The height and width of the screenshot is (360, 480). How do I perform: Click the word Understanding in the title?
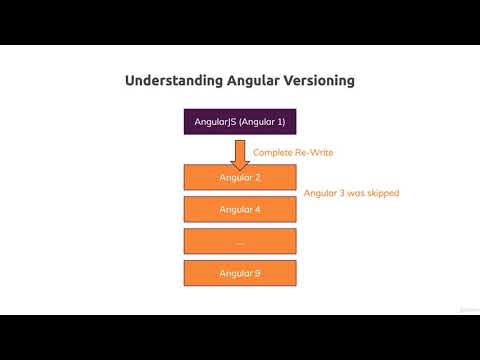coord(173,80)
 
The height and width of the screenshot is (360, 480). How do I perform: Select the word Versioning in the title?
coord(320,80)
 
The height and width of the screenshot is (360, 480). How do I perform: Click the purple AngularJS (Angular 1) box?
coord(240,122)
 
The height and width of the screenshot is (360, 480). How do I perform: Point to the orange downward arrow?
coord(240,153)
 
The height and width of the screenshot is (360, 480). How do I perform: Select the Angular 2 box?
coord(240,178)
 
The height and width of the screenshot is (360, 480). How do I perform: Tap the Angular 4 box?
coord(240,210)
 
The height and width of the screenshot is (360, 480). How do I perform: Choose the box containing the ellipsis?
coord(240,242)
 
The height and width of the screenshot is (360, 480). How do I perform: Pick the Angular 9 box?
coord(240,273)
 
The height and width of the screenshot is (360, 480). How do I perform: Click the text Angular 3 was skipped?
coord(351,193)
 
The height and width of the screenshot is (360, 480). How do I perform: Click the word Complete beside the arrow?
coord(272,153)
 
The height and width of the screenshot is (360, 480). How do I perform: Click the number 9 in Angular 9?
coord(258,273)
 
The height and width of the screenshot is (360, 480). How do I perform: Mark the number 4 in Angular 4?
coord(258,210)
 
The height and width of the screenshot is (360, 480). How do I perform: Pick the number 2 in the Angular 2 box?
coord(258,178)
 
